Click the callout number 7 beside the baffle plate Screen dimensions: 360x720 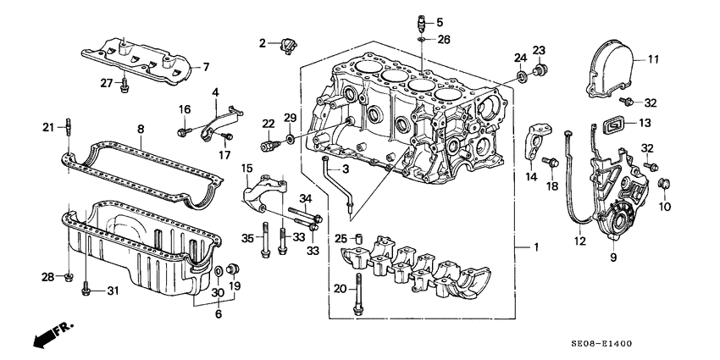[204, 67]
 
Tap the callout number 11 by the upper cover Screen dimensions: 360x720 [653, 59]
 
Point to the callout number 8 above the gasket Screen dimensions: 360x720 [141, 129]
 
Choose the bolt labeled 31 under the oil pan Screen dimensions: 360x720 [86, 292]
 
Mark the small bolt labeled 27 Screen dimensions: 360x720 [125, 83]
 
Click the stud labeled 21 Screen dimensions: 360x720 [67, 128]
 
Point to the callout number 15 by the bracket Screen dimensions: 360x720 [246, 169]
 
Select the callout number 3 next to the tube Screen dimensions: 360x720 [345, 170]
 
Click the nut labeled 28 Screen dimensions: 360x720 [69, 276]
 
